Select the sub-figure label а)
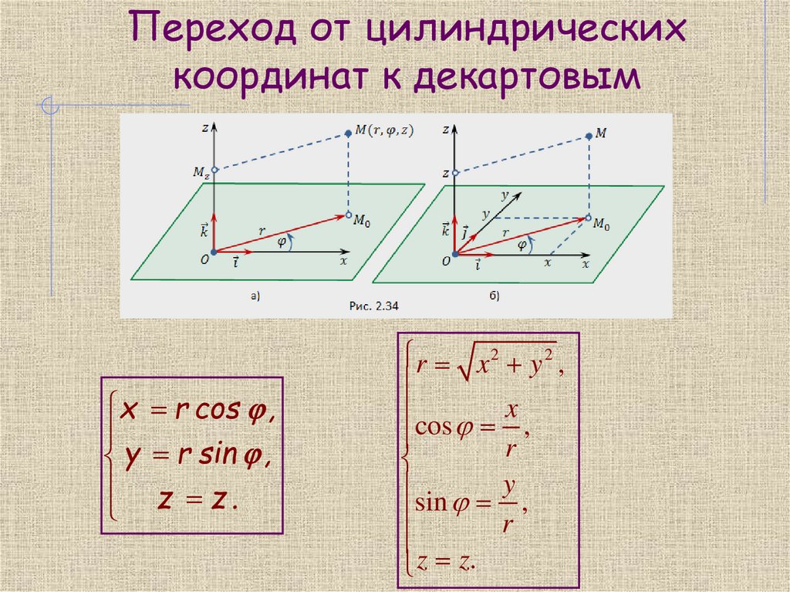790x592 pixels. click(255, 293)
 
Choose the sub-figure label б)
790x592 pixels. click(494, 293)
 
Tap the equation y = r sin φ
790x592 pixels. click(193, 457)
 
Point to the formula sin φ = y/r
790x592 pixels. click(471, 504)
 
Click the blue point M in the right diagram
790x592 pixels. click(589, 136)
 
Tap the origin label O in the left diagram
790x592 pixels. click(204, 261)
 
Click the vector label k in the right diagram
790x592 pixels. click(445, 229)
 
